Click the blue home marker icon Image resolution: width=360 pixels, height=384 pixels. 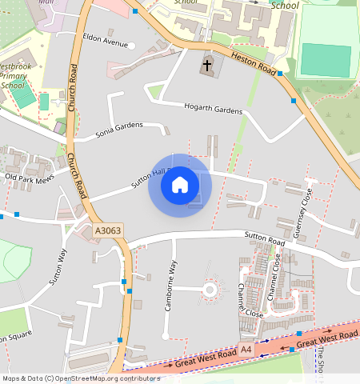[180, 185]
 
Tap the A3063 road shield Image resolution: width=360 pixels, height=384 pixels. [108, 230]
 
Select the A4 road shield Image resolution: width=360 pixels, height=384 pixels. [246, 350]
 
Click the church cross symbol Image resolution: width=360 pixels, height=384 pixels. [208, 64]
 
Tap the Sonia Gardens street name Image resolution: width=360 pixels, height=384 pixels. [119, 126]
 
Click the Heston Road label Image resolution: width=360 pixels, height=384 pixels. [254, 62]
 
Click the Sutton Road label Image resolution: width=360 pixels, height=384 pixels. [266, 239]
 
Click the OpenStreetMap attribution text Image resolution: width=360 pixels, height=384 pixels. [81, 378]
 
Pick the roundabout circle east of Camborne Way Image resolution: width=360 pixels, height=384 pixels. [211, 289]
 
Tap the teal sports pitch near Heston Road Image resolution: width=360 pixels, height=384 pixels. [326, 58]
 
